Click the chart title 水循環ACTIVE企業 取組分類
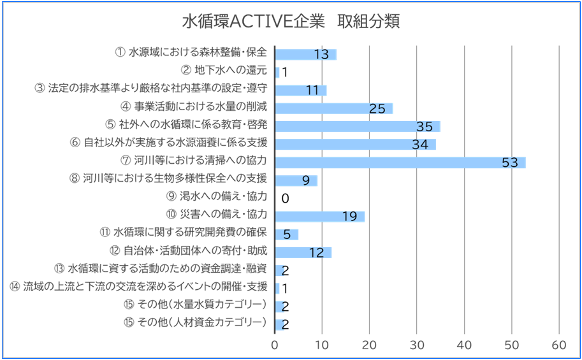pos(291,22)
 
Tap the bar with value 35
pos(357,126)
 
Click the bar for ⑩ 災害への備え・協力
pos(319,216)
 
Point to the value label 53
pos(509,162)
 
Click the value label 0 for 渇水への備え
pos(285,198)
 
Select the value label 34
pos(419,145)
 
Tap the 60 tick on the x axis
pos(559,345)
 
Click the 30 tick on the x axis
pos(417,345)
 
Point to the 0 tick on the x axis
pos(275,345)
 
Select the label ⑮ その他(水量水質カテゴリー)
pos(194,305)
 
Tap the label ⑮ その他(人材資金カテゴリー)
pos(194,322)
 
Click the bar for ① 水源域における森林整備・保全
pos(305,54)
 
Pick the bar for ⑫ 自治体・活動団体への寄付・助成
pos(303,252)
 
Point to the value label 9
pos(306,180)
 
